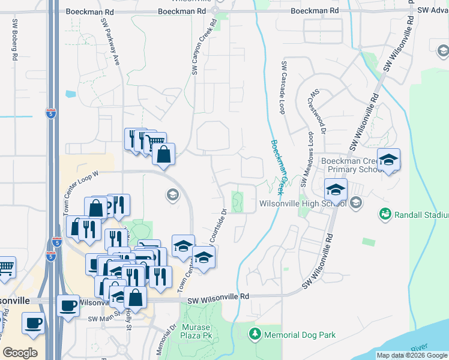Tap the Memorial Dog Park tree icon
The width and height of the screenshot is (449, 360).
(255, 333)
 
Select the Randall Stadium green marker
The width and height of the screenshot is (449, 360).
(385, 214)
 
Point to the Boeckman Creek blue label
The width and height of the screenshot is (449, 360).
(277, 167)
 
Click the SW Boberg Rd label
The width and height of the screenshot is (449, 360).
(14, 40)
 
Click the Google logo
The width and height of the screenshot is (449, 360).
(20, 353)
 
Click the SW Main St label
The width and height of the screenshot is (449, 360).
(103, 319)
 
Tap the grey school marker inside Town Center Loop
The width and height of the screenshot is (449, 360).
(172, 194)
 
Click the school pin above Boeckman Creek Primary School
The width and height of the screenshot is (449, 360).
(389, 159)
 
